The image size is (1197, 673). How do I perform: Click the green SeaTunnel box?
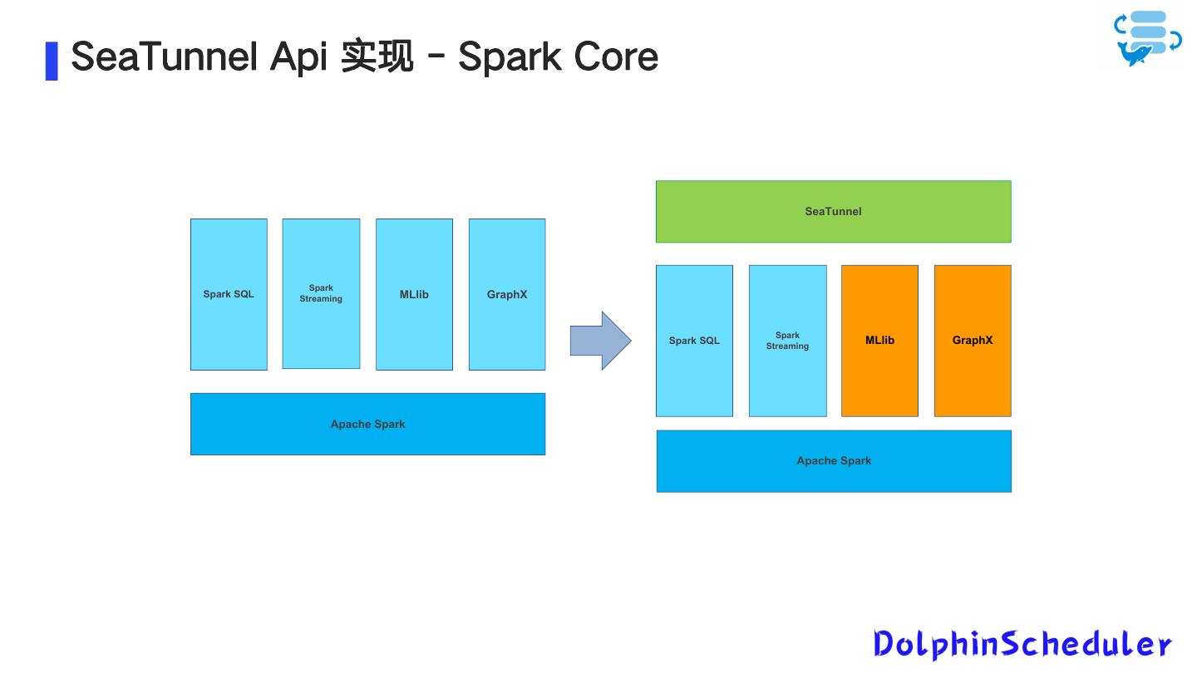[833, 212]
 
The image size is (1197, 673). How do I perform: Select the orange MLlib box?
[879, 341]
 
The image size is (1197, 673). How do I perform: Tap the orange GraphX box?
[973, 341]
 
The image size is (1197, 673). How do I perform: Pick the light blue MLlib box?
[414, 294]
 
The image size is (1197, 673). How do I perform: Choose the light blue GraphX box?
[507, 294]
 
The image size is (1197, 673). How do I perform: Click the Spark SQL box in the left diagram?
[229, 294]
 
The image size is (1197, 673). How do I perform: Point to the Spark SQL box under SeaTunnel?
[694, 341]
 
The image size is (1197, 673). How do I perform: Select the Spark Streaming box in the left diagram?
[321, 293]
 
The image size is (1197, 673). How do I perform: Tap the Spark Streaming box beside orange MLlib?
[787, 341]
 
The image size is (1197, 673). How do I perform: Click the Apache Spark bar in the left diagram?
[367, 424]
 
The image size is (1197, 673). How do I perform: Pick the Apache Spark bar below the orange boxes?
[834, 461]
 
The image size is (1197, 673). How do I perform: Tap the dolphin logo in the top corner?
[1146, 38]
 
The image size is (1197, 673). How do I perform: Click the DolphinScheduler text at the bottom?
[1022, 644]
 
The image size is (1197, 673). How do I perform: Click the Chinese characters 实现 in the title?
[377, 56]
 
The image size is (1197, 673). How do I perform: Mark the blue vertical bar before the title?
[52, 60]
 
